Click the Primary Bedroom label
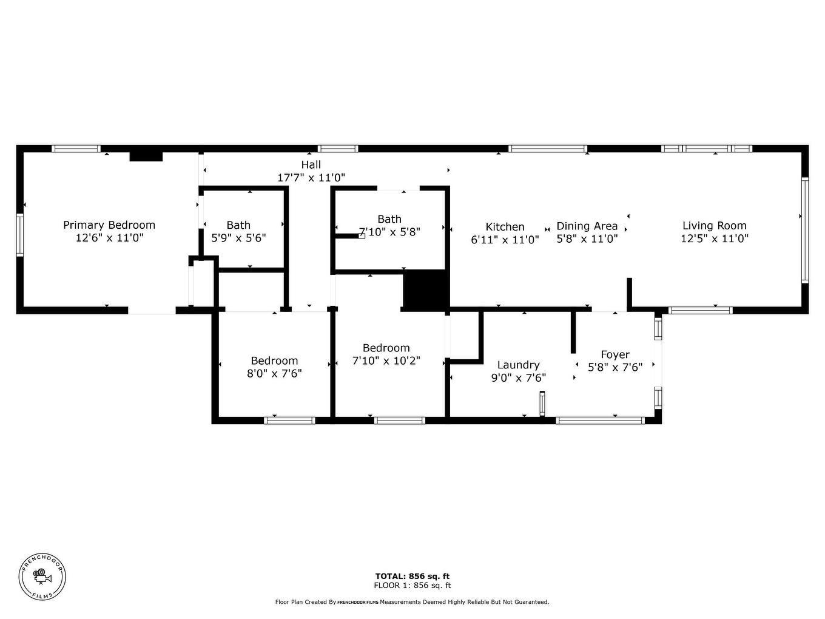pos(109,225)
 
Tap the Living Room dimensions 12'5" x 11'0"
pos(714,239)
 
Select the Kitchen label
pos(505,227)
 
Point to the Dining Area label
pos(587,226)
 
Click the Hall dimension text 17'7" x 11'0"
pos(311,178)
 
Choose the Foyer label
pos(615,354)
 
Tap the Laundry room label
pos(518,365)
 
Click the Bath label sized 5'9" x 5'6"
pos(238,225)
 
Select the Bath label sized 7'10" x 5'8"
pos(389,219)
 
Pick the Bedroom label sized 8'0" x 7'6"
pos(274,360)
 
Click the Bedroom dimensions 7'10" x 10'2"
pos(386,361)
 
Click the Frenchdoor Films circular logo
pos(42,577)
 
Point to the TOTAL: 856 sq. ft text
pos(412,577)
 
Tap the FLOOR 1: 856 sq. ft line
pos(412,586)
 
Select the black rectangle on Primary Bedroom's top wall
pos(146,156)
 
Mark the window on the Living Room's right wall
pos(804,230)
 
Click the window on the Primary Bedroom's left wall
pos(20,235)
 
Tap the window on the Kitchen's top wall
pos(547,149)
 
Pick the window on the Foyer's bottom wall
pos(600,420)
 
